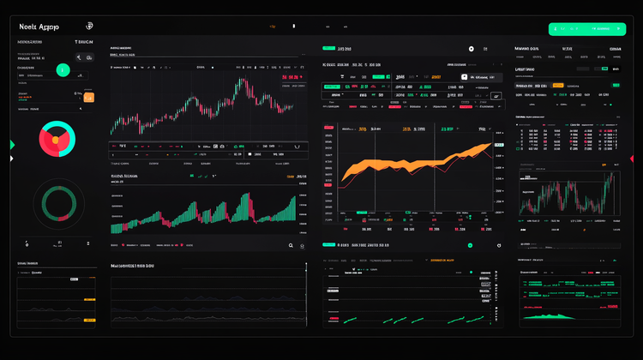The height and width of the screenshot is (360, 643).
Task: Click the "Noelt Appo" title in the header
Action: coord(38,27)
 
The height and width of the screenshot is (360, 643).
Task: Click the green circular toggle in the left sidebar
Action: coord(63,69)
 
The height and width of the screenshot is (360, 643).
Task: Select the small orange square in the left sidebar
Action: coord(89,98)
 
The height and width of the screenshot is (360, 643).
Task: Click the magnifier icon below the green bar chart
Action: coord(291,245)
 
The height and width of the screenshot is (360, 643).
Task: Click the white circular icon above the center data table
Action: coord(471,50)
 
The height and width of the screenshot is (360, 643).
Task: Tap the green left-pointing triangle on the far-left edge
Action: coord(12,144)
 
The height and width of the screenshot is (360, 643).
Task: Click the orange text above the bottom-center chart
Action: coord(442,259)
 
